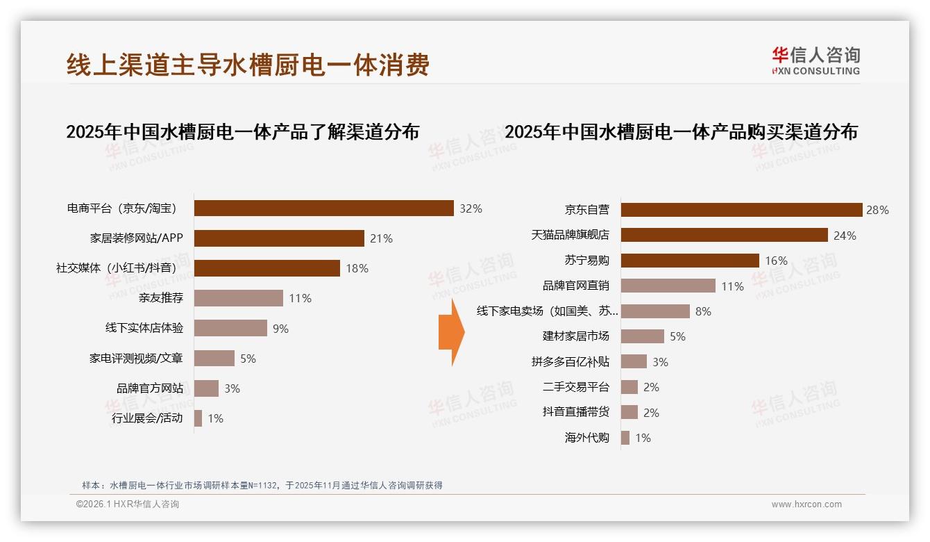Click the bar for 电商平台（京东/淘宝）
(x=323, y=208)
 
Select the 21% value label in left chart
(x=381, y=238)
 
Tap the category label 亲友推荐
(x=161, y=298)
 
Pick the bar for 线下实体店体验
(x=230, y=328)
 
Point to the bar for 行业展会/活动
(x=198, y=418)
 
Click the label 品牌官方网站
(x=150, y=388)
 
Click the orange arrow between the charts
(x=451, y=332)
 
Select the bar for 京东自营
(x=741, y=210)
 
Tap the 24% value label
(x=845, y=236)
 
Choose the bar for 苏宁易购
(x=690, y=261)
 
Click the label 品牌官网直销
(x=576, y=286)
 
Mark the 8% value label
(x=703, y=311)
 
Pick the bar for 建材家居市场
(x=642, y=336)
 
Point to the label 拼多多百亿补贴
(x=570, y=362)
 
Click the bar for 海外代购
(x=625, y=438)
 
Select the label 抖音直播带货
(x=576, y=412)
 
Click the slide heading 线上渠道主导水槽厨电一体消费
(x=248, y=65)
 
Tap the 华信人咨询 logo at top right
(x=815, y=61)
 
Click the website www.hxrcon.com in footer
(x=806, y=504)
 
